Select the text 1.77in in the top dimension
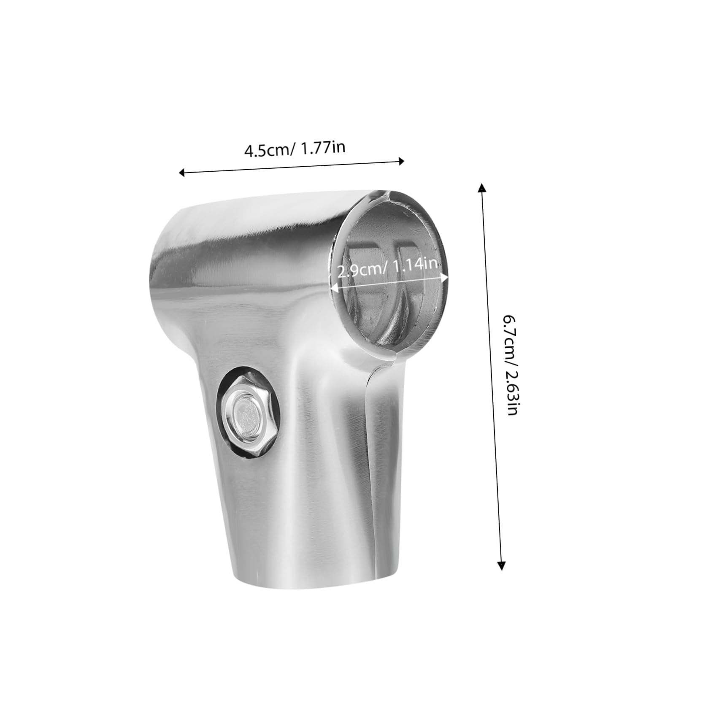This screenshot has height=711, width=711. click(x=322, y=148)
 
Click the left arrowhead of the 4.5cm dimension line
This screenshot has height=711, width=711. click(x=182, y=172)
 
